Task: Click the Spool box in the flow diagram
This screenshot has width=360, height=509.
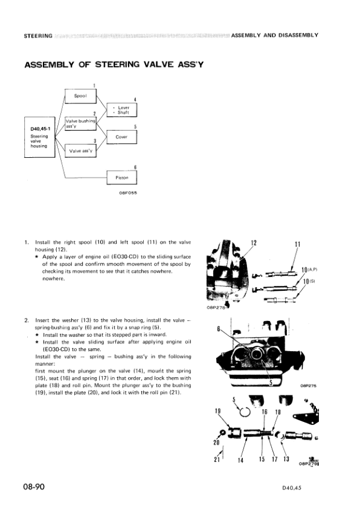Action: [80, 96]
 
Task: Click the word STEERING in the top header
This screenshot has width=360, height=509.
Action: [37, 35]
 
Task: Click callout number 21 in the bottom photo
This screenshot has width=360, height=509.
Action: [216, 459]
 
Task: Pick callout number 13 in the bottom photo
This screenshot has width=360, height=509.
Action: [286, 459]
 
